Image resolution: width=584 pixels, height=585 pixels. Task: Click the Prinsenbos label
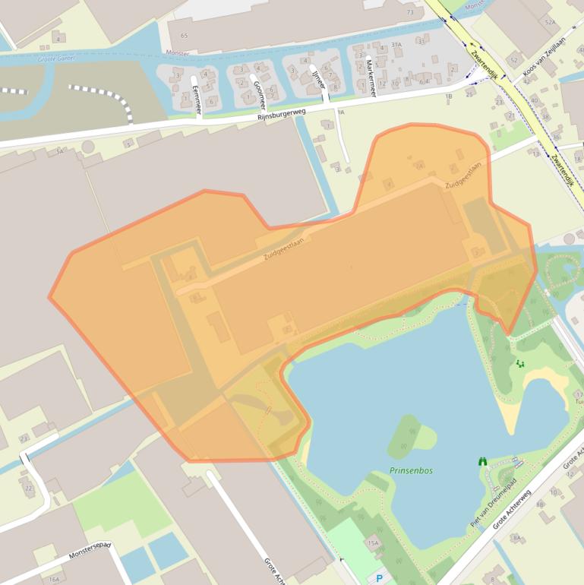(411, 470)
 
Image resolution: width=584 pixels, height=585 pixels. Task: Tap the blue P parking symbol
(380, 578)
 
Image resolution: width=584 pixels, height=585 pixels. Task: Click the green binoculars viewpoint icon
(482, 460)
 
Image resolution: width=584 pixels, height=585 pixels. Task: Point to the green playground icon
(520, 363)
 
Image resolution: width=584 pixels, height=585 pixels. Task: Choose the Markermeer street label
(371, 77)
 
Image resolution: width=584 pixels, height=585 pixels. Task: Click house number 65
(184, 36)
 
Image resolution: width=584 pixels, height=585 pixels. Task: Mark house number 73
(410, 13)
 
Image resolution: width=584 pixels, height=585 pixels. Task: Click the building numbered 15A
(373, 542)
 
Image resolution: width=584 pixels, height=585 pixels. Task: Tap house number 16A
(54, 579)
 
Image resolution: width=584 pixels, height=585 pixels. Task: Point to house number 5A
(59, 152)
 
